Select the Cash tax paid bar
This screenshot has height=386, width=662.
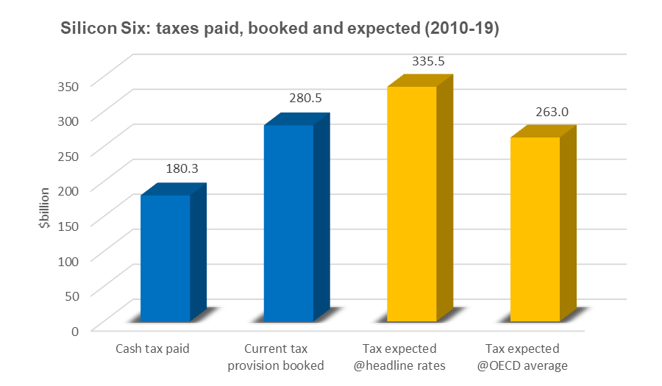pos(165,257)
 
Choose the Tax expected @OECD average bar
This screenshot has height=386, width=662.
pos(535,229)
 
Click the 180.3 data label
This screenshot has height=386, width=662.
pos(182,168)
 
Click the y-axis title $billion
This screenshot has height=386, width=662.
pos(45,209)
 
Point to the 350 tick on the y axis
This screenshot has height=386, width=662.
pos(68,85)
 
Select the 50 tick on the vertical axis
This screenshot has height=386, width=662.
pos(72,295)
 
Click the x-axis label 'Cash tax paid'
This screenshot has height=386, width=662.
pos(153,349)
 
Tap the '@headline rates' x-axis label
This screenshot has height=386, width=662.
pos(405,365)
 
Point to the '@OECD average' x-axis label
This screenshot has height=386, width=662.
pos(528,365)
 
